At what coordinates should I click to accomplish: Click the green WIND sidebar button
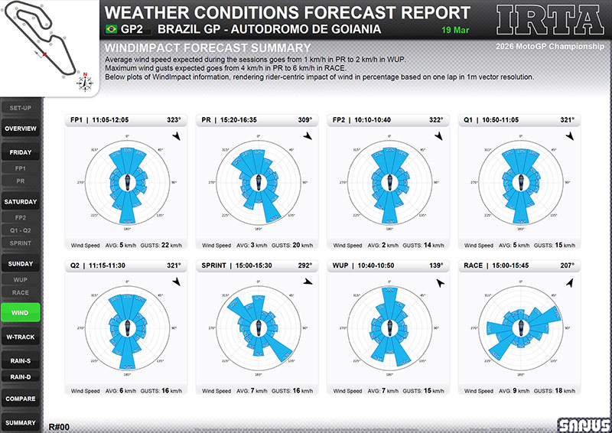[x=21, y=312]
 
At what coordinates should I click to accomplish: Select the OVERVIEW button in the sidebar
[x=21, y=129]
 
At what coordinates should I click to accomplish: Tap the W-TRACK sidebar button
[x=21, y=337]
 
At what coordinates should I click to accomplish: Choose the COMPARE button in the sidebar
[x=21, y=399]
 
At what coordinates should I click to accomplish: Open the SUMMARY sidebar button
[x=21, y=423]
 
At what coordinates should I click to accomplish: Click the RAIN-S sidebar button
[x=21, y=361]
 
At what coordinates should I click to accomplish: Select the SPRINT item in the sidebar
[x=21, y=243]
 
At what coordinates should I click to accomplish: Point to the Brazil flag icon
[x=111, y=29]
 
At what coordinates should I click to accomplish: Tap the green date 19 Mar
[x=456, y=30]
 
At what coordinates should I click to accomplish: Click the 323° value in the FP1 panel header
[x=174, y=120]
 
